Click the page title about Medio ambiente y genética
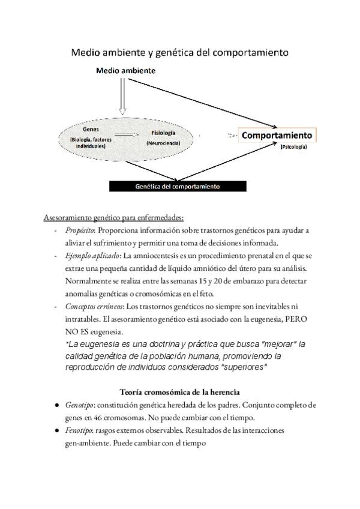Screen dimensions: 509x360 pos(179,53)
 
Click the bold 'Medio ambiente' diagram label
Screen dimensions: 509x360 pos(125,71)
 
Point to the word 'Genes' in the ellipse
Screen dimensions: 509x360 pos(90,129)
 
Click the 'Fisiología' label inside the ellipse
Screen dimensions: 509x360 pos(163,133)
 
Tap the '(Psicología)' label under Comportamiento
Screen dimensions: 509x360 pos(295,147)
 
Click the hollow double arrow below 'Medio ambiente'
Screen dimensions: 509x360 pos(123,96)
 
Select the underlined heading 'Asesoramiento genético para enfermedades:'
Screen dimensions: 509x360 pos(113,217)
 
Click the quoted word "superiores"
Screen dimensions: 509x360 pos(244,367)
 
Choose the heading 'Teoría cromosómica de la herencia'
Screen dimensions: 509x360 pos(179,392)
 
